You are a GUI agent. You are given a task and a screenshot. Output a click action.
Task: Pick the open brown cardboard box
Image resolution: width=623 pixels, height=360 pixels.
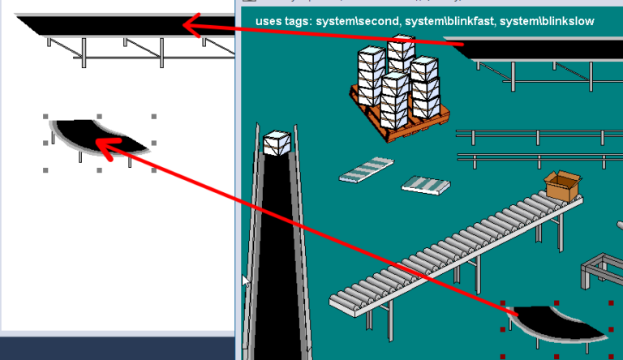click(x=563, y=186)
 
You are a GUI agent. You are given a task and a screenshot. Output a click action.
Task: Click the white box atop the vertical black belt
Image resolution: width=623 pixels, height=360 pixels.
click(x=277, y=143)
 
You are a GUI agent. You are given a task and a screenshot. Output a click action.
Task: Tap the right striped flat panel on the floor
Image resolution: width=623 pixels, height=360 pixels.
click(x=426, y=185)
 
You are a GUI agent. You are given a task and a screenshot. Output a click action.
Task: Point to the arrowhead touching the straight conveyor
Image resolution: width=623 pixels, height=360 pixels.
click(x=188, y=26)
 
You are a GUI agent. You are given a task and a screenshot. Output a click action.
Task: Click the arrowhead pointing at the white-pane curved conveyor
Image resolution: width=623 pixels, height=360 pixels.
click(x=103, y=143)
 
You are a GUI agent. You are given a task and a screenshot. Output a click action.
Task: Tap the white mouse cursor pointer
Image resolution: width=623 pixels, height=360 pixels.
click(x=245, y=281)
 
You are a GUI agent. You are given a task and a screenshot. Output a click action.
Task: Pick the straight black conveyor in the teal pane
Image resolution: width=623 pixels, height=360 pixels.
click(x=544, y=50)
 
